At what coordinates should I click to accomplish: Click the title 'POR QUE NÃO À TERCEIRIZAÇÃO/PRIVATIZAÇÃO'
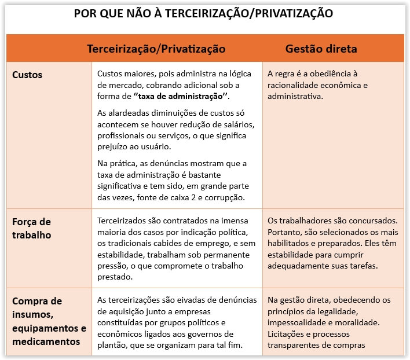tap(204, 13)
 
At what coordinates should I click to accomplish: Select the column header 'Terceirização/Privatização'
tap(156, 49)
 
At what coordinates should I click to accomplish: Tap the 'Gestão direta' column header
tap(321, 49)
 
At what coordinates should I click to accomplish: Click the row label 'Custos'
tap(27, 75)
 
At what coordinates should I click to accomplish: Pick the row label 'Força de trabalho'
tap(32, 228)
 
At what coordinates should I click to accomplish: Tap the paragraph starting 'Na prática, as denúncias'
tap(172, 180)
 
